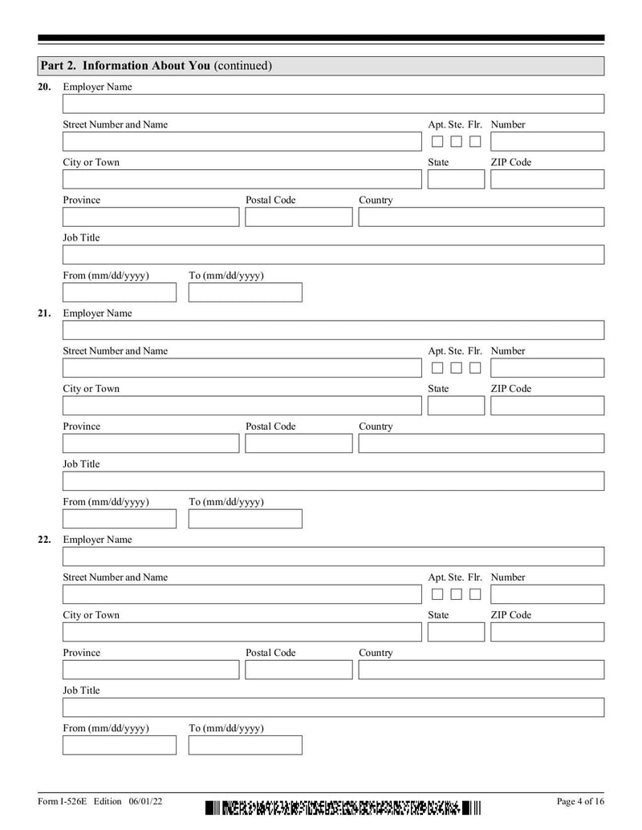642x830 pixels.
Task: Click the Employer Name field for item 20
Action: pyautogui.click(x=333, y=104)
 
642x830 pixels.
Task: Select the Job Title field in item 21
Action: pyautogui.click(x=333, y=481)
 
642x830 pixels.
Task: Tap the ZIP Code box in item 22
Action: pyautogui.click(x=547, y=632)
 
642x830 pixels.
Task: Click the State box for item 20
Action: pyautogui.click(x=456, y=180)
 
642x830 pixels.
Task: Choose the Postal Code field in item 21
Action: pyautogui.click(x=299, y=443)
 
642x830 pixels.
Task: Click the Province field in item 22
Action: pyautogui.click(x=151, y=670)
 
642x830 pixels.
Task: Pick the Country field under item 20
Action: pyautogui.click(x=481, y=217)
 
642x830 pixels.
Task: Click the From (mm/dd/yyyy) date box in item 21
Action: pyautogui.click(x=120, y=519)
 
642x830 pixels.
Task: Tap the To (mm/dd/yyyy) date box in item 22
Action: pyautogui.click(x=246, y=745)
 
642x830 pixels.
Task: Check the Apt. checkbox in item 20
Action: pyautogui.click(x=437, y=142)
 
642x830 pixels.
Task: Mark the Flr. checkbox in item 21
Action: pyautogui.click(x=475, y=368)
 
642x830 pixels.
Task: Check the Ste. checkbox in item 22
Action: pyautogui.click(x=456, y=594)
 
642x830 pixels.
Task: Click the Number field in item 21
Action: pyautogui.click(x=547, y=368)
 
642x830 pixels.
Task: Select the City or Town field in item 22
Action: pyautogui.click(x=242, y=632)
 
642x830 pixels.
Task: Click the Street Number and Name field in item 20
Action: pyautogui.click(x=242, y=142)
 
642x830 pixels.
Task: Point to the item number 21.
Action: pyautogui.click(x=44, y=314)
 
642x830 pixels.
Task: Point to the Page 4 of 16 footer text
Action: pyautogui.click(x=579, y=802)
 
